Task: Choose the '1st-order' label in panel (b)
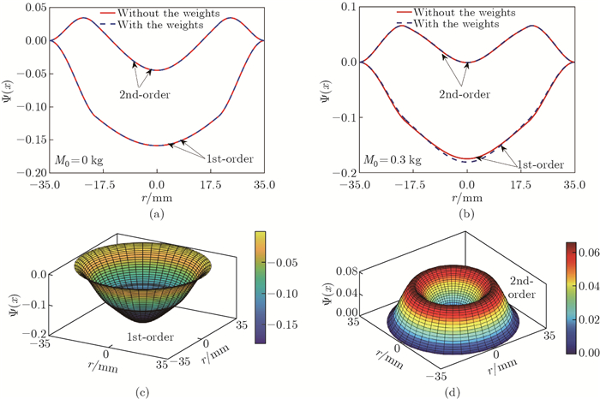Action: tap(541, 164)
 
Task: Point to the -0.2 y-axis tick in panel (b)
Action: tap(346, 172)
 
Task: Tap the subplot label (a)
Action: tap(156, 214)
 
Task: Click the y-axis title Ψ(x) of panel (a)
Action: tap(8, 89)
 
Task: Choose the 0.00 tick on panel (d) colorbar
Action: tap(590, 352)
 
